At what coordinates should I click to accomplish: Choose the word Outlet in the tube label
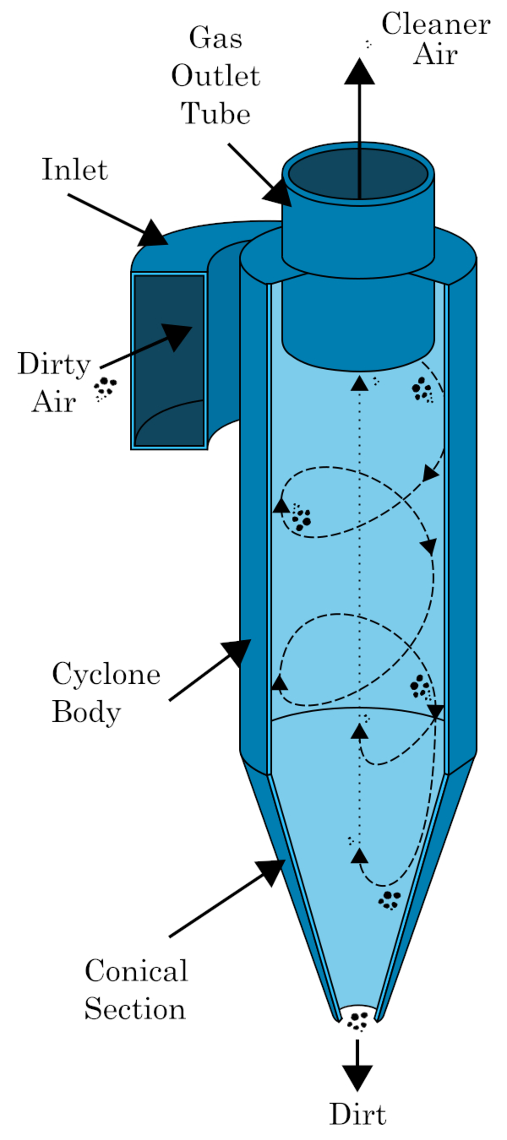216,76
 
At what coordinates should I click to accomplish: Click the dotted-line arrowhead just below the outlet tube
359,383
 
